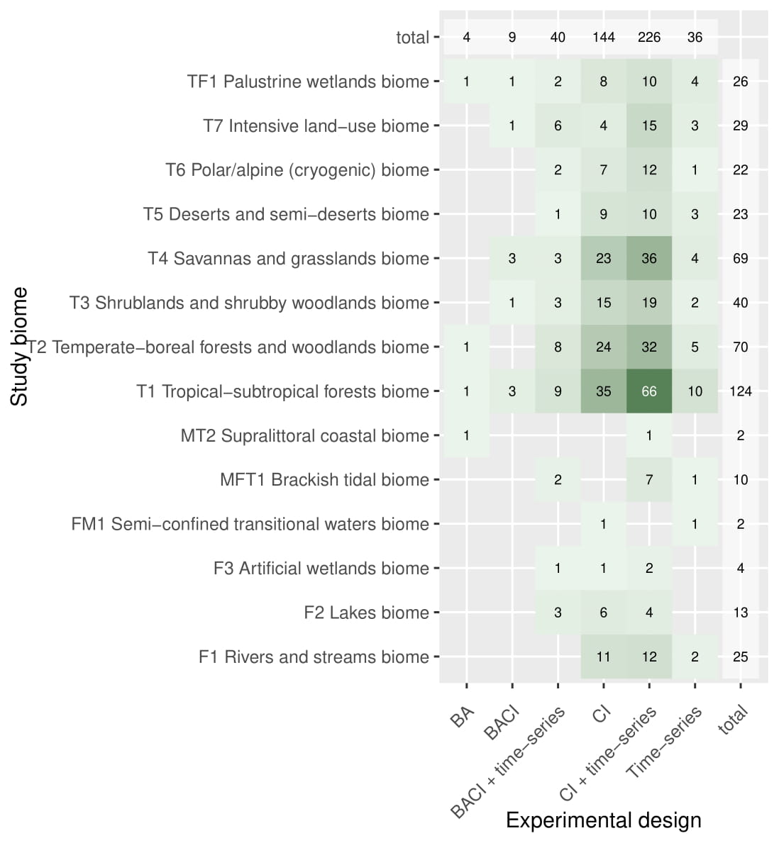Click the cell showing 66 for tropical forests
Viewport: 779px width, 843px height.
pyautogui.click(x=649, y=391)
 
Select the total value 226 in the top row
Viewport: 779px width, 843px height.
pyautogui.click(x=649, y=37)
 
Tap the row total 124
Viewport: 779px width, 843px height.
pyautogui.click(x=740, y=391)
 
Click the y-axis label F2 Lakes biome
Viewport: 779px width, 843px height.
pyautogui.click(x=366, y=613)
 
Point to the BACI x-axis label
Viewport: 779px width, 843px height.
pyautogui.click(x=503, y=722)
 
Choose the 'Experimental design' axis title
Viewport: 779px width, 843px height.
pyautogui.click(x=603, y=820)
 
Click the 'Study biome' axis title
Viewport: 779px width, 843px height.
pyautogui.click(x=20, y=347)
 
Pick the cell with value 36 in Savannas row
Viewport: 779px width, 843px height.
pyautogui.click(x=649, y=258)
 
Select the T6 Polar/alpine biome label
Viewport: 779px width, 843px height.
pyautogui.click(x=297, y=170)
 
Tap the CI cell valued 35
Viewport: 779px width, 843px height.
pyautogui.click(x=603, y=391)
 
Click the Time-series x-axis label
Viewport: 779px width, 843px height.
pyautogui.click(x=665, y=742)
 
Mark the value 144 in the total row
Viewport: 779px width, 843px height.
pyautogui.click(x=603, y=37)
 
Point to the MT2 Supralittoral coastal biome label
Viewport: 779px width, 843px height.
pyautogui.click(x=304, y=435)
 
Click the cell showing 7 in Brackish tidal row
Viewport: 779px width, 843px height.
pyautogui.click(x=649, y=480)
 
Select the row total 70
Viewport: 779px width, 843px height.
pyautogui.click(x=740, y=347)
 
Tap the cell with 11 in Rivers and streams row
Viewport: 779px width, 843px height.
pyautogui.click(x=603, y=657)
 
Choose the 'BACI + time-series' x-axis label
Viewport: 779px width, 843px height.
pyautogui.click(x=509, y=762)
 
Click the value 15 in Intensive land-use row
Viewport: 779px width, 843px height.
pyautogui.click(x=649, y=125)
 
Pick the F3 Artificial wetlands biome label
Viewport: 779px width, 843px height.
pyautogui.click(x=321, y=569)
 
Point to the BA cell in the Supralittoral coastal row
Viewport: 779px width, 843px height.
pyautogui.click(x=466, y=435)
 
